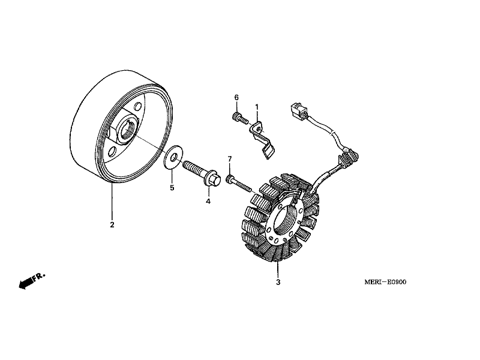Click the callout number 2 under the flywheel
coord(112,226)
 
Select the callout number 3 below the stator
coord(278,282)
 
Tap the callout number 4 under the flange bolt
coord(208,202)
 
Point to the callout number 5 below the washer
coord(172,188)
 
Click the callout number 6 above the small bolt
coord(236,98)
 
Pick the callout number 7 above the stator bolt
coord(229,158)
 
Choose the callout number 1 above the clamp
coord(257,107)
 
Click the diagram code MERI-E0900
coord(384,282)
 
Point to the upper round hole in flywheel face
coord(138,108)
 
